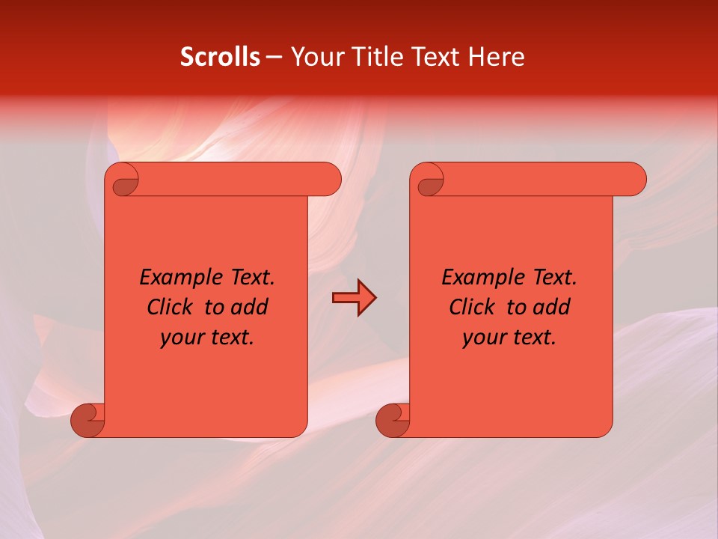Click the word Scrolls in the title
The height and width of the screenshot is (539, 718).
[220, 57]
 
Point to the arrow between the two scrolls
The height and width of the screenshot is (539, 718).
[354, 298]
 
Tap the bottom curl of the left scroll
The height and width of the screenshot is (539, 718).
[87, 420]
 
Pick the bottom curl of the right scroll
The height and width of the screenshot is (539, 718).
[392, 420]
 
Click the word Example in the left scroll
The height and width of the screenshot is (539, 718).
[179, 277]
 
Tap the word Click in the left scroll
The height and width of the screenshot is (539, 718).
[169, 307]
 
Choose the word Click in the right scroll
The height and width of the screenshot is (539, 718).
[471, 307]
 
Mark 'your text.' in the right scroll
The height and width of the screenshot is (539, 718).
[509, 337]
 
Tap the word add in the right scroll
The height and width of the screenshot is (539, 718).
[553, 307]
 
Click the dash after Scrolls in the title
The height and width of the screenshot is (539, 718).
[274, 57]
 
